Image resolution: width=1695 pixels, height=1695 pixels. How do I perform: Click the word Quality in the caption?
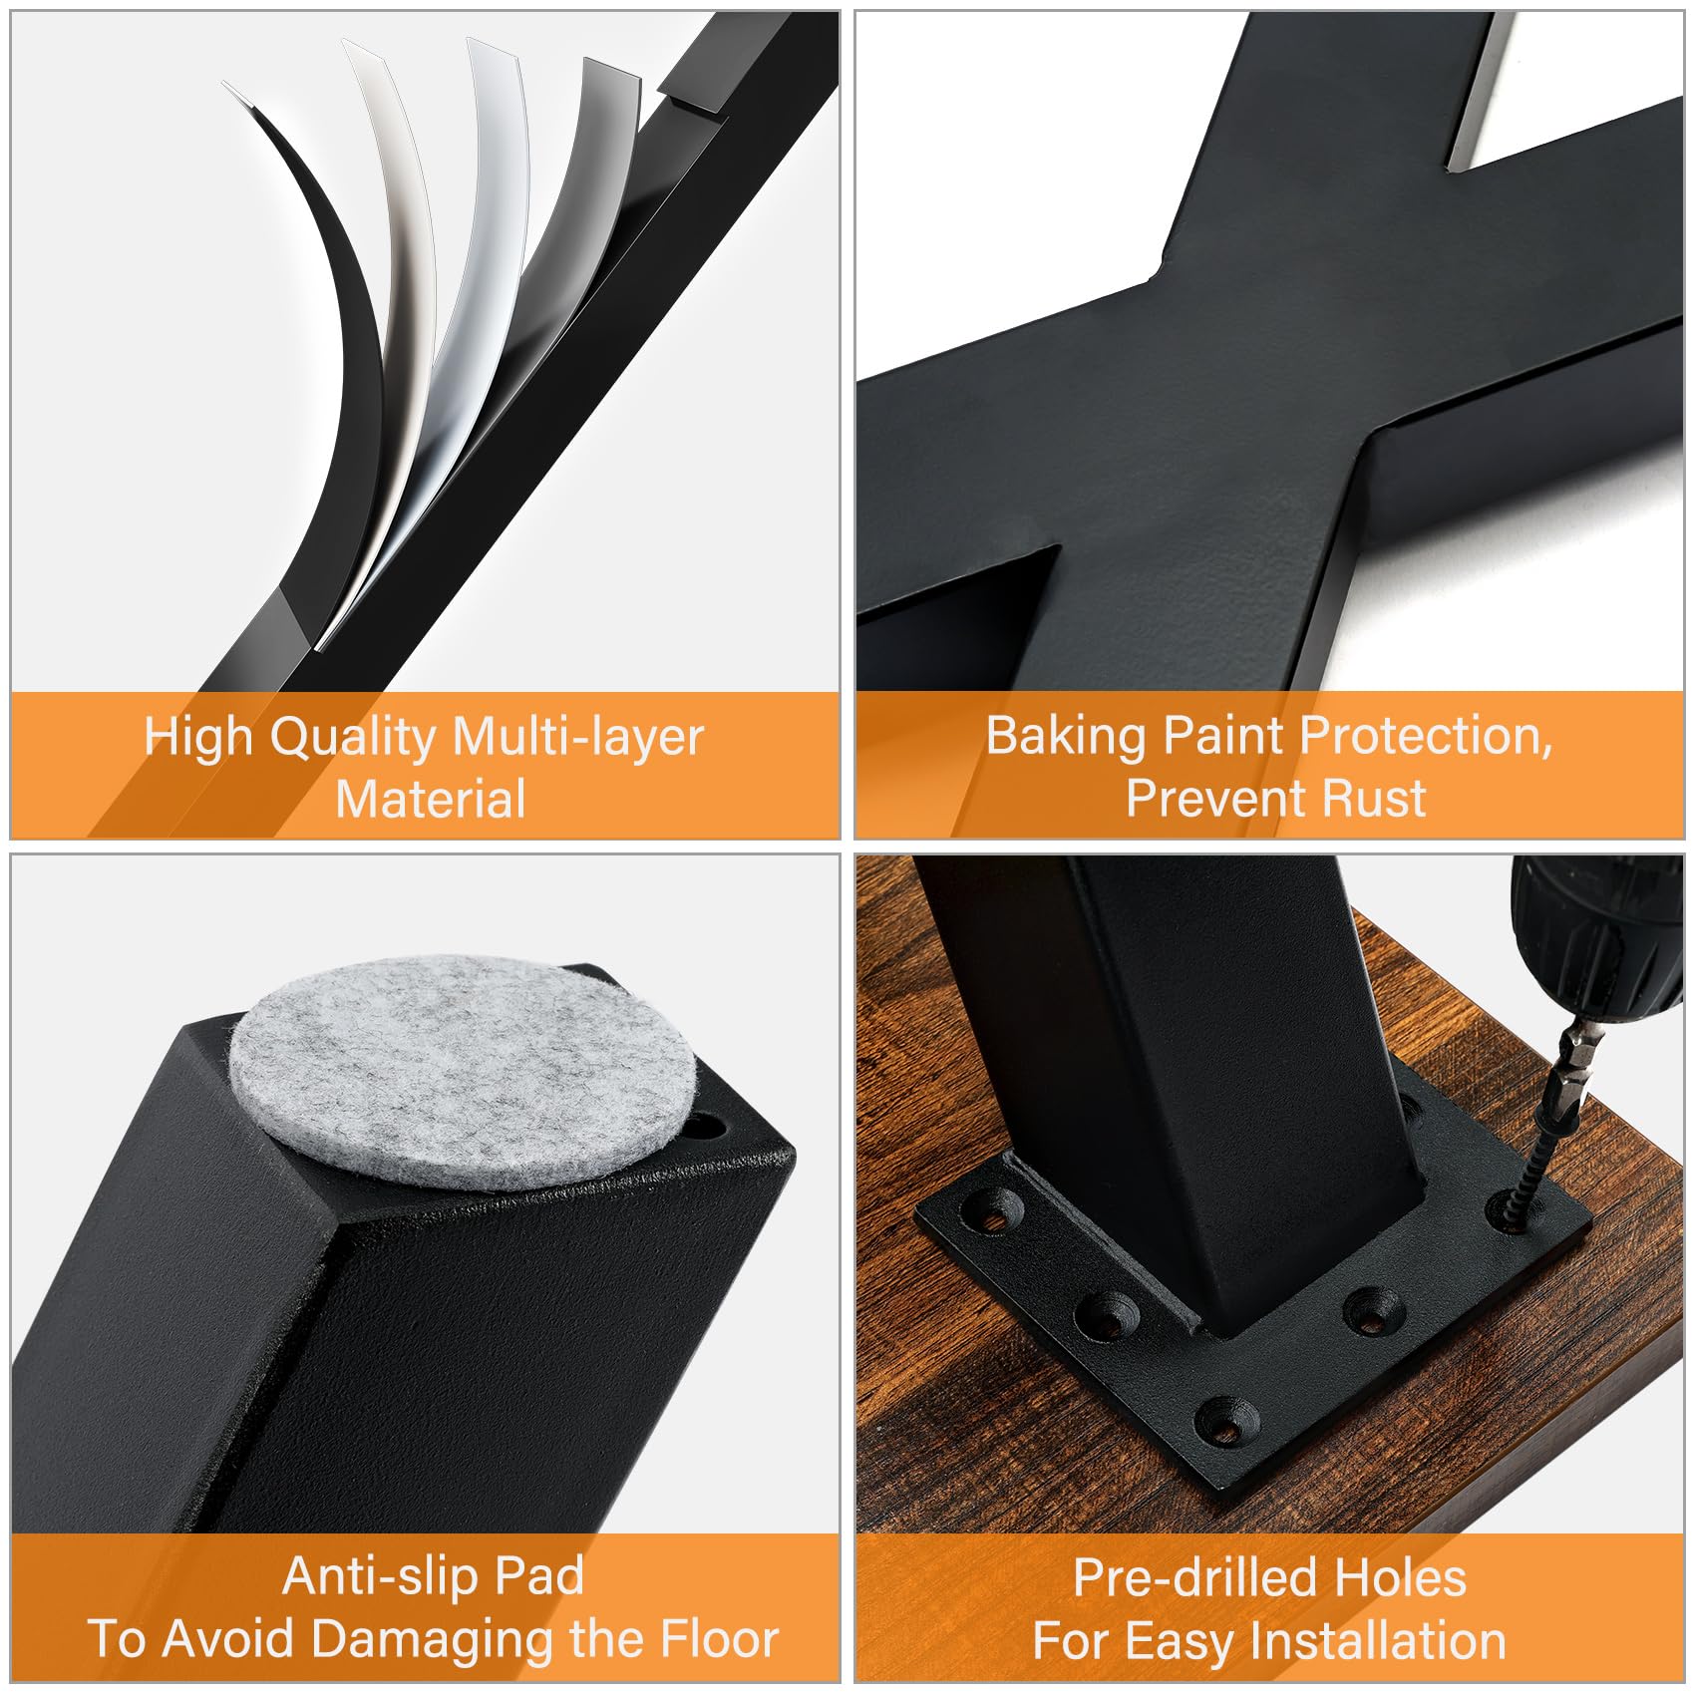point(354,740)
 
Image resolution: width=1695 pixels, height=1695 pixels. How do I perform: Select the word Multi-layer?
point(578,740)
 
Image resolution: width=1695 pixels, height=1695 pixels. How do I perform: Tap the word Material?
point(431,800)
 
